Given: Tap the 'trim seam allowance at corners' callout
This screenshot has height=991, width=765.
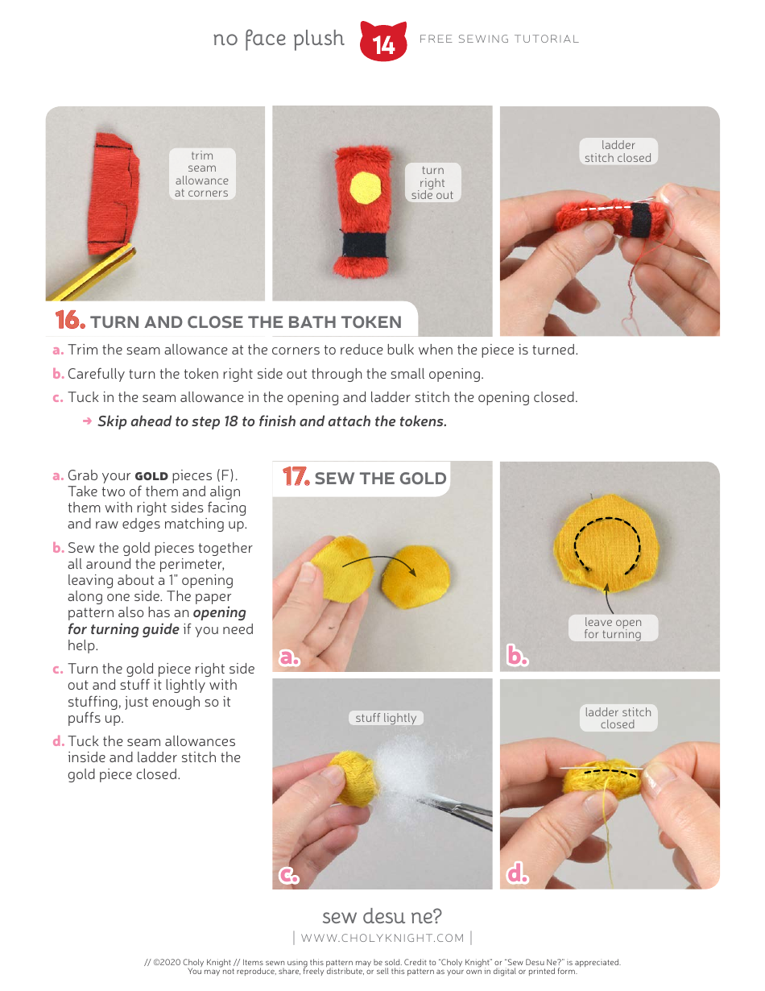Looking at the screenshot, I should point(201,174).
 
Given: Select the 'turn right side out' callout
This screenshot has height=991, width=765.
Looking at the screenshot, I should point(432,183).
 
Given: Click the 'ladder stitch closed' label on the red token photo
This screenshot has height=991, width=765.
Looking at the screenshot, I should point(618,151).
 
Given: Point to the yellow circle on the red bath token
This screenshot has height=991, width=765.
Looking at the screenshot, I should point(366,188).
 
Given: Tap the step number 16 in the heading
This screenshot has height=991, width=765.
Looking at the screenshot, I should point(70,321).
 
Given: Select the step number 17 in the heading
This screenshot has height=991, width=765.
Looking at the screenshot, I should point(296,478).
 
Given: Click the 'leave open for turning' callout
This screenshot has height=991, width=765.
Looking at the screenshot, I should point(613,628).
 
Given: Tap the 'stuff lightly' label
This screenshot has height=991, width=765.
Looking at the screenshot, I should point(387,718).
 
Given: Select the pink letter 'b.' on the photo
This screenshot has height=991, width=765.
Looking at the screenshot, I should point(517,657).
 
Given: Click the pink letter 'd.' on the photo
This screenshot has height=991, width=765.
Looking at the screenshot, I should point(517,874).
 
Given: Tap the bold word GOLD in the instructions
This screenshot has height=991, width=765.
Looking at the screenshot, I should point(151,475).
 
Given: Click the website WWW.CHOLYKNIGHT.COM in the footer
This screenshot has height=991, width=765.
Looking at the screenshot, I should point(382,938).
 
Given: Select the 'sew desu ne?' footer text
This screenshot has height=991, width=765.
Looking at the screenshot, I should point(382,916).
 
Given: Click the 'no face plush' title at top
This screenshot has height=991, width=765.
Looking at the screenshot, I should point(279,39).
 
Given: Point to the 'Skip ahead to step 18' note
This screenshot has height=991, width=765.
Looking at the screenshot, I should point(271,421).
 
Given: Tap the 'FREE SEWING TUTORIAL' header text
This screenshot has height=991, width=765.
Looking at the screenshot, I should point(499,39).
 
